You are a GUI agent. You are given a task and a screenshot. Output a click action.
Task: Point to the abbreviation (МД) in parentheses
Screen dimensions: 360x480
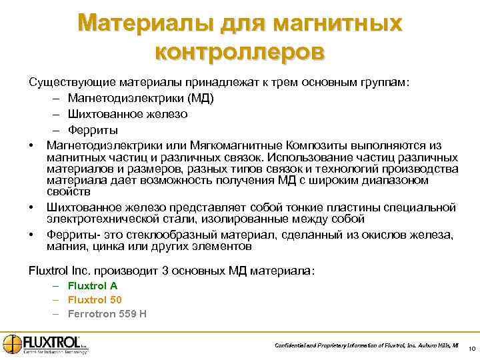click(199, 98)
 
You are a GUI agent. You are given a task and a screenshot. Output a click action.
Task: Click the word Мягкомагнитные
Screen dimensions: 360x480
click(241, 145)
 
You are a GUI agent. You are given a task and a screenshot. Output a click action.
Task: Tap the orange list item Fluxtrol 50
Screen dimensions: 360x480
click(95, 299)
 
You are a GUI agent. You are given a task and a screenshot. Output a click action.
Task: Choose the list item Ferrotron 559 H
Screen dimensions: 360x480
click(107, 313)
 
